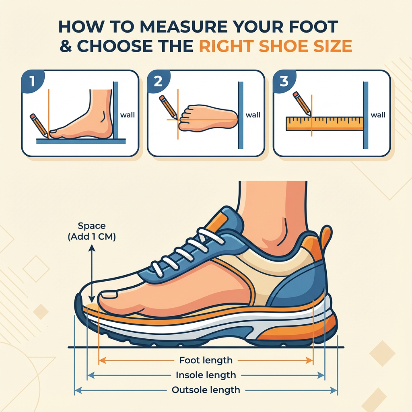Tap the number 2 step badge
158,81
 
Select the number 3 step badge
284,81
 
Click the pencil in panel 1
39,126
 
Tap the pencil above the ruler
302,103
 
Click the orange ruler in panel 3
325,124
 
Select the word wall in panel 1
128,115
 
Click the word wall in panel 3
378,115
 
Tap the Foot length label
206,360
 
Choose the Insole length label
206,375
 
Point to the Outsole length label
206,390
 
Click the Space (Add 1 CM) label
92,231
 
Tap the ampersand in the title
66,46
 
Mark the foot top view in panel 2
208,118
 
